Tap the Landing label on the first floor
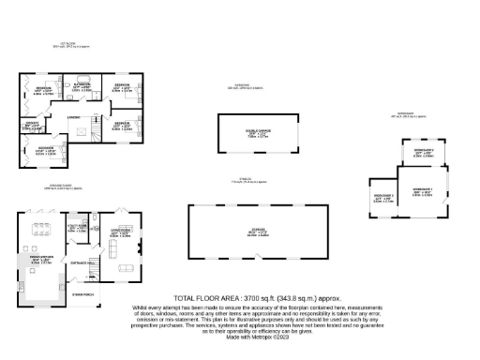click(72, 116)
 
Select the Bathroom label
click(82, 86)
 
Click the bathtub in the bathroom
click(82, 78)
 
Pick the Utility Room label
click(78, 228)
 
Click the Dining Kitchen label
click(40, 258)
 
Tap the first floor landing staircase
click(92, 131)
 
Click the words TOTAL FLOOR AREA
click(201, 296)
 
